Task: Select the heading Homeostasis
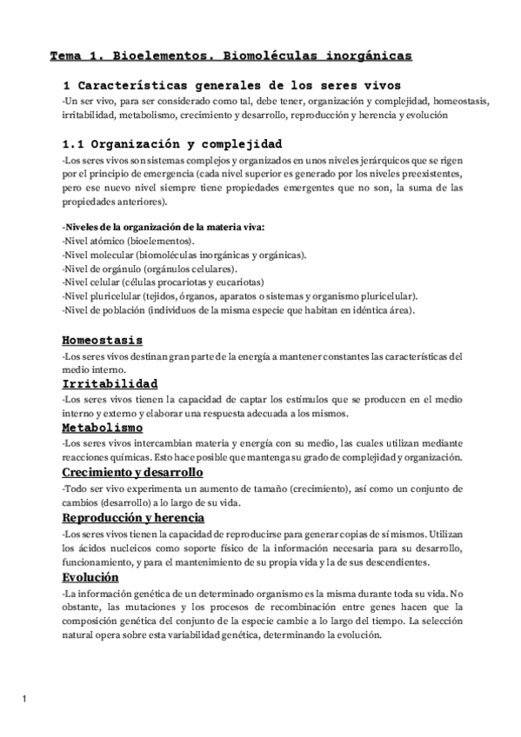pyautogui.click(x=103, y=340)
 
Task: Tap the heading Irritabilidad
pyautogui.click(x=110, y=383)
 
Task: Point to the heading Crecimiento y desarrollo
pyautogui.click(x=132, y=472)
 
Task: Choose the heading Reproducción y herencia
pyautogui.click(x=133, y=516)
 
